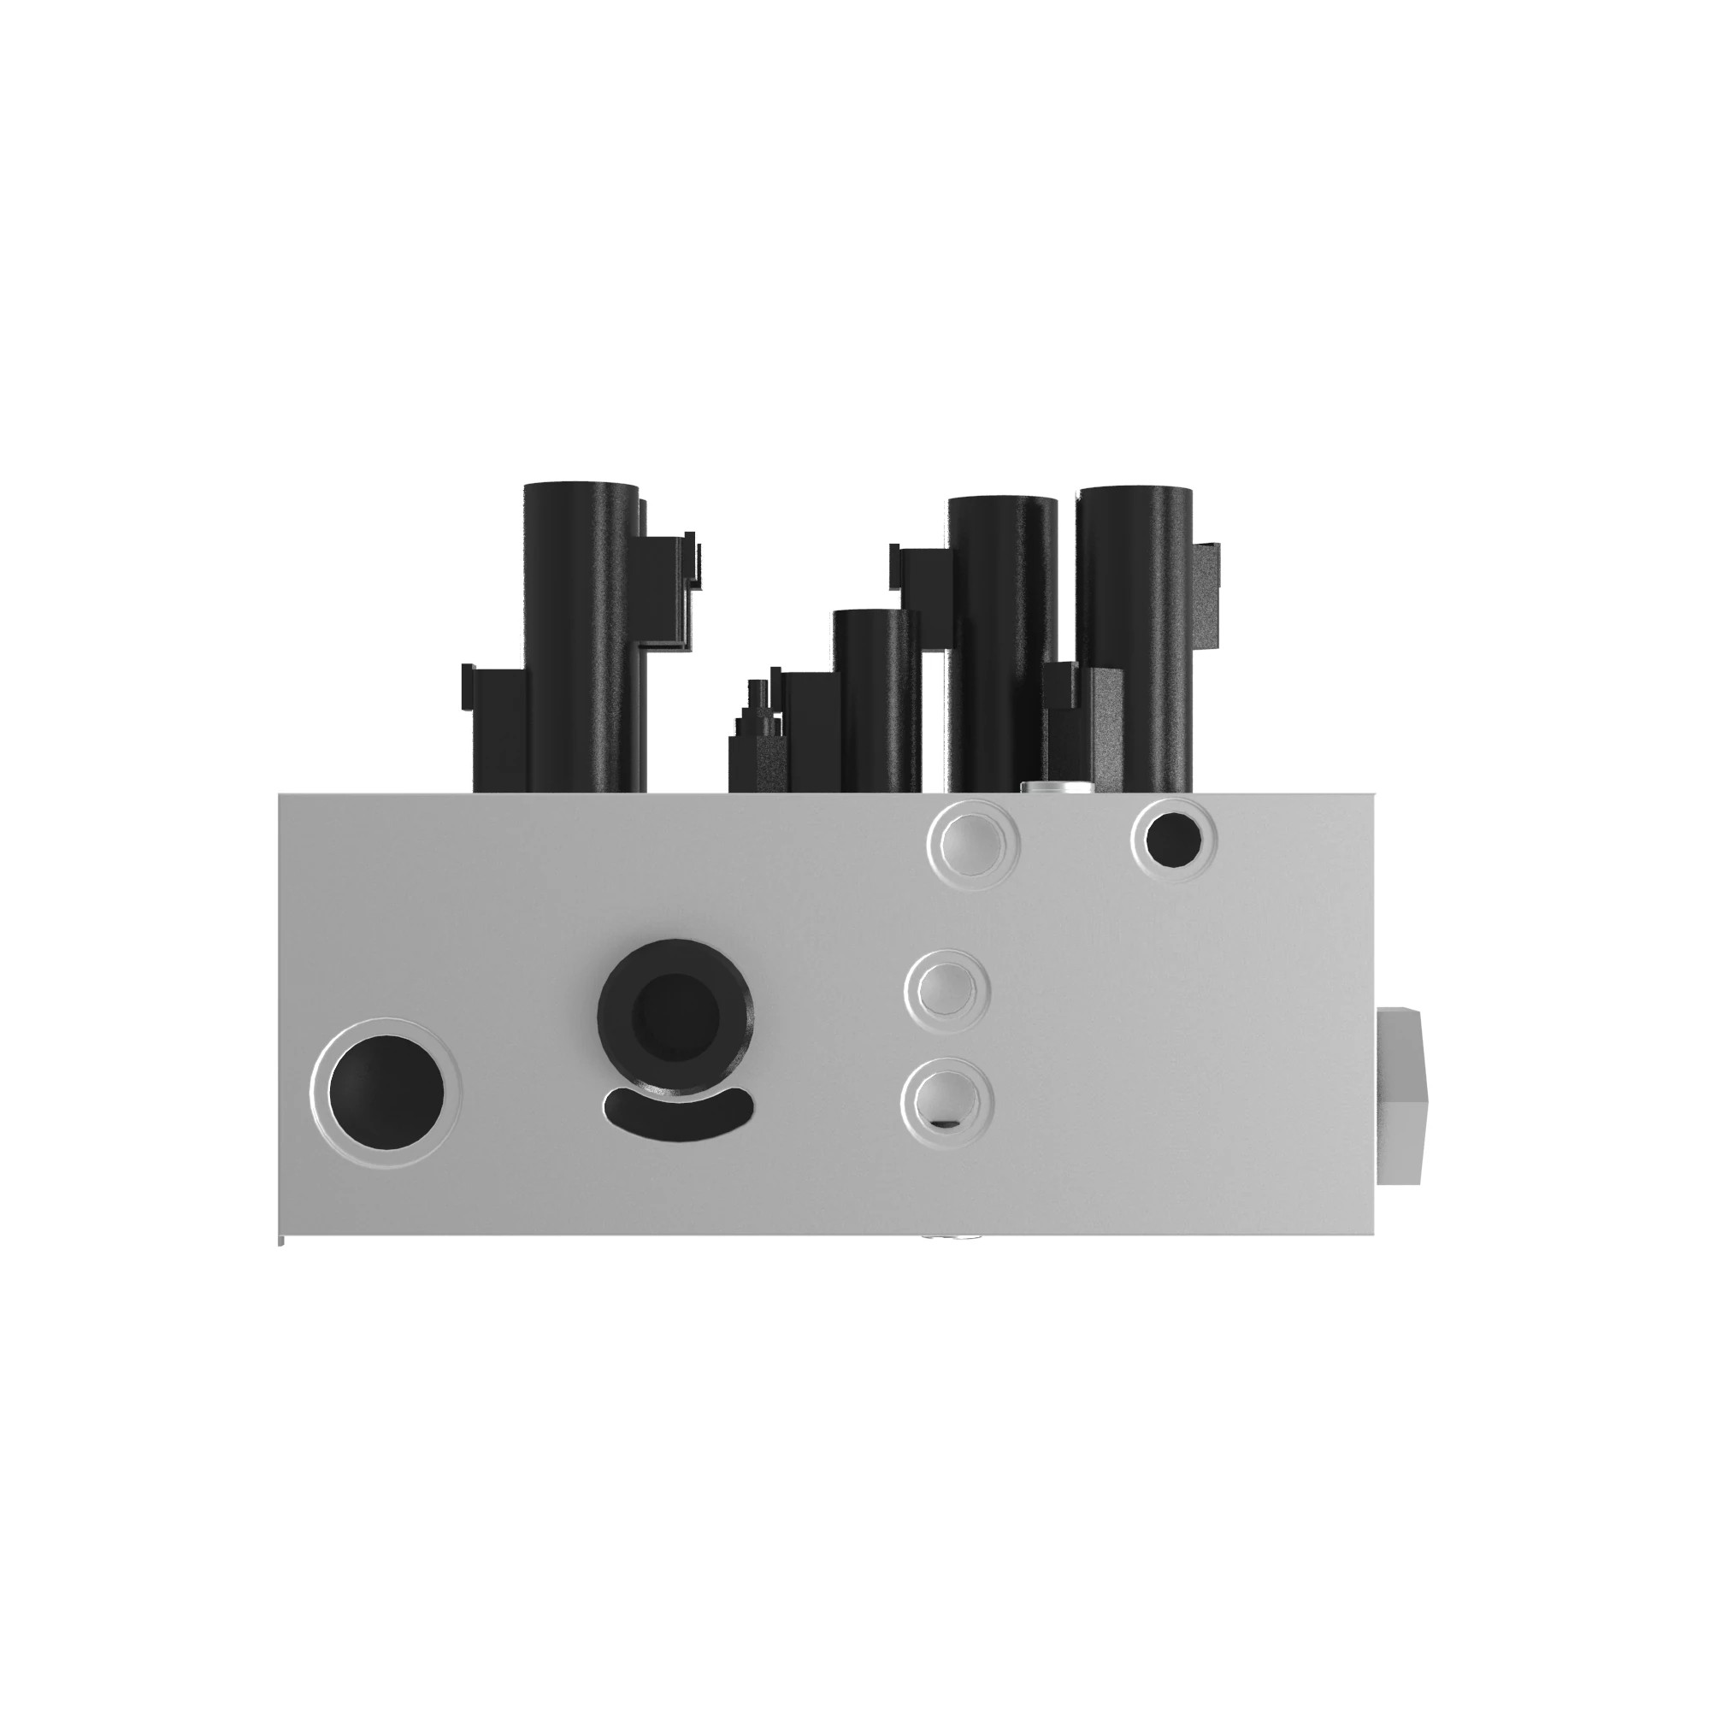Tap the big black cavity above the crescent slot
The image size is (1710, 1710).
(x=677, y=1010)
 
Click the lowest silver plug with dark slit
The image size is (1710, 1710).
(x=947, y=1101)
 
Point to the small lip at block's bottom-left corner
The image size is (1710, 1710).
(x=281, y=1241)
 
